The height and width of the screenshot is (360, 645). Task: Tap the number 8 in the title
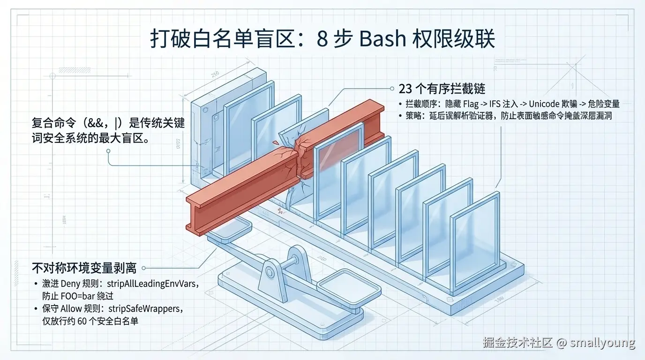(x=322, y=39)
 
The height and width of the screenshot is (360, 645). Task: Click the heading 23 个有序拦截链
(x=441, y=89)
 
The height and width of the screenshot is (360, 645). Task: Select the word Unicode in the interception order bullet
(x=546, y=104)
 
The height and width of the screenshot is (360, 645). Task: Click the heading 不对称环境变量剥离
(x=84, y=268)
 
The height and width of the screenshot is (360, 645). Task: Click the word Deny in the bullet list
(x=70, y=284)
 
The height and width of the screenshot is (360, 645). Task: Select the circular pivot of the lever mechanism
(x=270, y=271)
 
